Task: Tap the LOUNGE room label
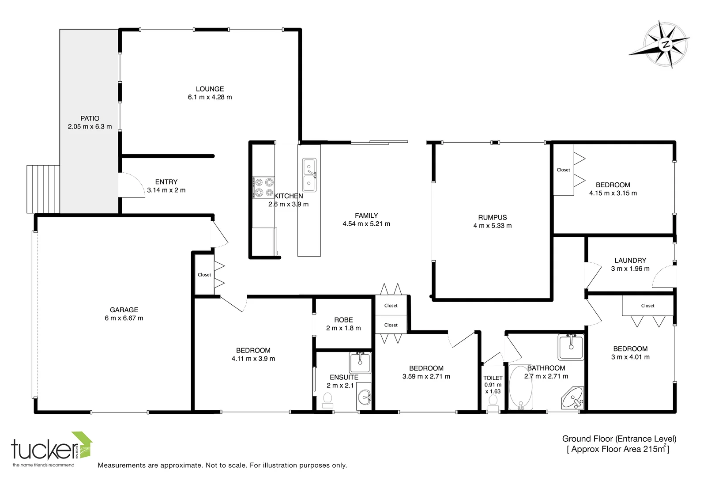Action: [210, 89]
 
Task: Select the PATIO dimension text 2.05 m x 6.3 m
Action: [90, 126]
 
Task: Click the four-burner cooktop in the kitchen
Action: [263, 187]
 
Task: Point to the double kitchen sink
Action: [309, 175]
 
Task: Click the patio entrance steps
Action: [43, 189]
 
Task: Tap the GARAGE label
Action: [124, 310]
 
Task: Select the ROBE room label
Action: [343, 320]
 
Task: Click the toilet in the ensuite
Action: [327, 400]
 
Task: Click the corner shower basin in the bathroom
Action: [573, 398]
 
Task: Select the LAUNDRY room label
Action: [630, 261]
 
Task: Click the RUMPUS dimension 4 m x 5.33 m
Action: [492, 226]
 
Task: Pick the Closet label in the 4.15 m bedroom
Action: [563, 170]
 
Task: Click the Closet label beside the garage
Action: [204, 275]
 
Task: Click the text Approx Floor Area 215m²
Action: [618, 449]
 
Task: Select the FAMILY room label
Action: [366, 216]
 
